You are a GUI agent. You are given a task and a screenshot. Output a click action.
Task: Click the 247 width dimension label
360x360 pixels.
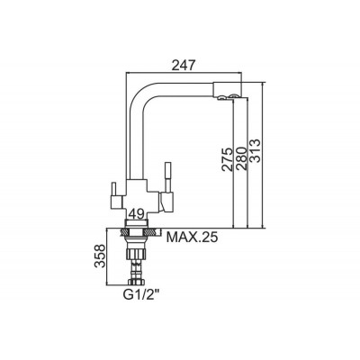[x=184, y=65]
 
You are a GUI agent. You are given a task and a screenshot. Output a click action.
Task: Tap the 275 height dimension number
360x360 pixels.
[x=227, y=159]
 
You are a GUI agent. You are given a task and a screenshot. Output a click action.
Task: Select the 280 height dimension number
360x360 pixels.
[x=241, y=159]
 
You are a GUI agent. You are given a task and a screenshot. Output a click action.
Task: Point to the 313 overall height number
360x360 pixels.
[x=255, y=150]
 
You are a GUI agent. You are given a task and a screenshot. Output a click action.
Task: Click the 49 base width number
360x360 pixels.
[x=136, y=214]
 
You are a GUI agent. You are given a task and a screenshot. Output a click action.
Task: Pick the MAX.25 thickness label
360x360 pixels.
[x=192, y=238]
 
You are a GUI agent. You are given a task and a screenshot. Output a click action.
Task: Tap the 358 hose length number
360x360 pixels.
[x=100, y=256]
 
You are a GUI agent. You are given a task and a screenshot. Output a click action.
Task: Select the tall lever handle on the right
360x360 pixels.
[x=167, y=177]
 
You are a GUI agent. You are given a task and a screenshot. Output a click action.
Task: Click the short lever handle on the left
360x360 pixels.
[x=113, y=189]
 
